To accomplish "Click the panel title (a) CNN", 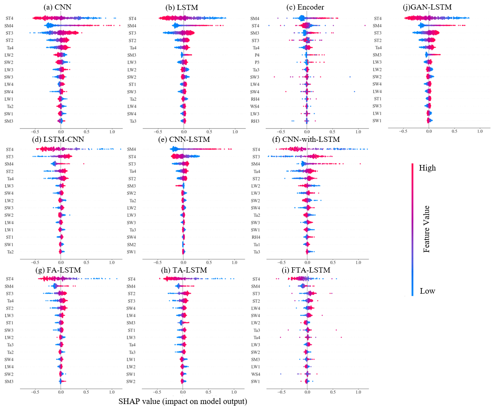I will (x=57, y=7).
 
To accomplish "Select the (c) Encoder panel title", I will (x=305, y=7).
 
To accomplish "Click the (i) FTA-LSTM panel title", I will (x=307, y=270).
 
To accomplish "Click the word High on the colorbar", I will (x=427, y=168).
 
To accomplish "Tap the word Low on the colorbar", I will (x=427, y=291).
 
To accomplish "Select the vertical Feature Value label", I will (x=426, y=229).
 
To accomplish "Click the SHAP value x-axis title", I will (x=183, y=401).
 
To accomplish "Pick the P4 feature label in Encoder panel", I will (x=257, y=55).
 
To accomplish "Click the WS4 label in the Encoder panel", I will (x=255, y=106).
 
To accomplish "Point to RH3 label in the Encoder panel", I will (x=255, y=121).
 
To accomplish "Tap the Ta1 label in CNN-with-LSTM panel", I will (x=256, y=245).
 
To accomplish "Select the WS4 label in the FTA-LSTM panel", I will (x=255, y=374).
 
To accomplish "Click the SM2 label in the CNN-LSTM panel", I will (x=131, y=245).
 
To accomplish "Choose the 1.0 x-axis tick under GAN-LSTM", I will (x=480, y=131).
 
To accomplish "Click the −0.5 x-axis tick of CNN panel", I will (x=35, y=131).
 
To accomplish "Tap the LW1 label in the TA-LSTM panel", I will (x=131, y=359).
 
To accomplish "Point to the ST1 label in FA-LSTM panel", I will (x=9, y=323).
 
